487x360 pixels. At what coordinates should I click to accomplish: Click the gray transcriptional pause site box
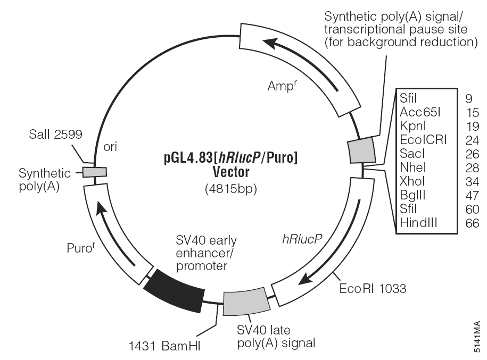pyautogui.click(x=361, y=151)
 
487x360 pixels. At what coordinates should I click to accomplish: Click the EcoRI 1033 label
pyautogui.click(x=373, y=289)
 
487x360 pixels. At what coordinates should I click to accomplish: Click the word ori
pyautogui.click(x=110, y=148)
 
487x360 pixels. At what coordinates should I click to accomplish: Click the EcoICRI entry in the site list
pyautogui.click(x=423, y=140)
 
